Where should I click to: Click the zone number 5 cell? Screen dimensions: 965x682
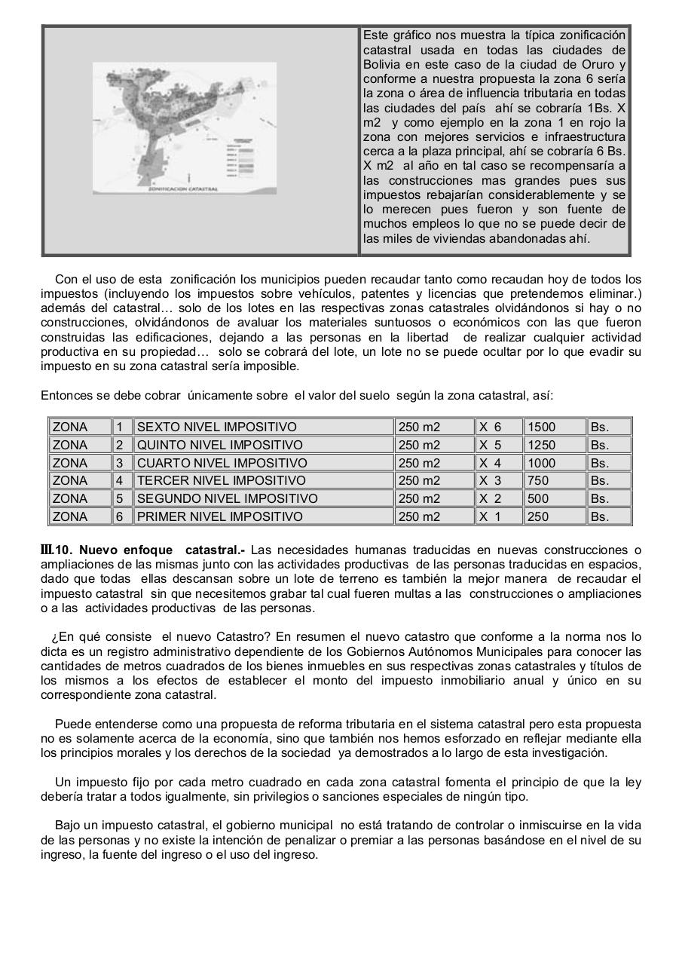119,498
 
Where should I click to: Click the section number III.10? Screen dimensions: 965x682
57,550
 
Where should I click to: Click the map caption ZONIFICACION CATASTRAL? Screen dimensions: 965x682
183,189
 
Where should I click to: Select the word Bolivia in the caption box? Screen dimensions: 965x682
384,65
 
